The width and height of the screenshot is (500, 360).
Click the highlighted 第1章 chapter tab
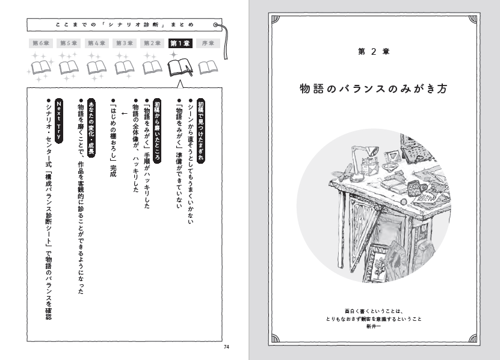(180, 43)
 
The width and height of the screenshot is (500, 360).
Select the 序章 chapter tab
(208, 43)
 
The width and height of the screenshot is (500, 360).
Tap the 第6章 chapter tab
(41, 43)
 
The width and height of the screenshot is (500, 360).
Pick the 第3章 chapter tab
(125, 43)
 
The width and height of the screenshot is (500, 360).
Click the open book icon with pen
(181, 67)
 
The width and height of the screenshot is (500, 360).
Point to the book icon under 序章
(208, 67)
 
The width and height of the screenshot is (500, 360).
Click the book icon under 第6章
(41, 67)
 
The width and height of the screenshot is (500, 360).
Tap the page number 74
(226, 347)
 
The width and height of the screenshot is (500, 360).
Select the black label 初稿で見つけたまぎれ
(200, 131)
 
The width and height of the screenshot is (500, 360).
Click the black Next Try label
(59, 120)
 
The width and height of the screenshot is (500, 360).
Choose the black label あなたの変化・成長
(91, 128)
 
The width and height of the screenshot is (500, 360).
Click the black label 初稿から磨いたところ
(157, 131)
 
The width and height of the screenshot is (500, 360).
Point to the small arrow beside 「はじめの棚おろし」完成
(125, 113)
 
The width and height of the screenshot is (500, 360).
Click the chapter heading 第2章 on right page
(374, 52)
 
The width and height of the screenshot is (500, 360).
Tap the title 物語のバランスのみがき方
(374, 88)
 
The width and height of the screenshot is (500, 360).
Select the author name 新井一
(374, 326)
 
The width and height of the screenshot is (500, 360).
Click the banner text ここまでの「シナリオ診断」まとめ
(125, 25)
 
